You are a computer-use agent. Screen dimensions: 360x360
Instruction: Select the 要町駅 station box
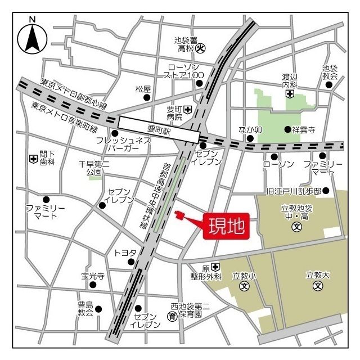[x=159, y=129]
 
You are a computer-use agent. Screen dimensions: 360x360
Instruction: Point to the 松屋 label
[x=143, y=89]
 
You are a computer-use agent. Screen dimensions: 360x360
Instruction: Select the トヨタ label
[x=125, y=253]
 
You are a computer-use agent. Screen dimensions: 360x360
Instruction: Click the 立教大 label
[x=317, y=275]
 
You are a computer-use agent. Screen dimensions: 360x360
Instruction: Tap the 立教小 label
[x=244, y=276]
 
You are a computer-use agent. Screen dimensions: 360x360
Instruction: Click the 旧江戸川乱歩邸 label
[x=293, y=191]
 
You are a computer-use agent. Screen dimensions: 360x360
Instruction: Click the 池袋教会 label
[x=330, y=72]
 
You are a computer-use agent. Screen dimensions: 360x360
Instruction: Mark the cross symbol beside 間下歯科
[x=33, y=159]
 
